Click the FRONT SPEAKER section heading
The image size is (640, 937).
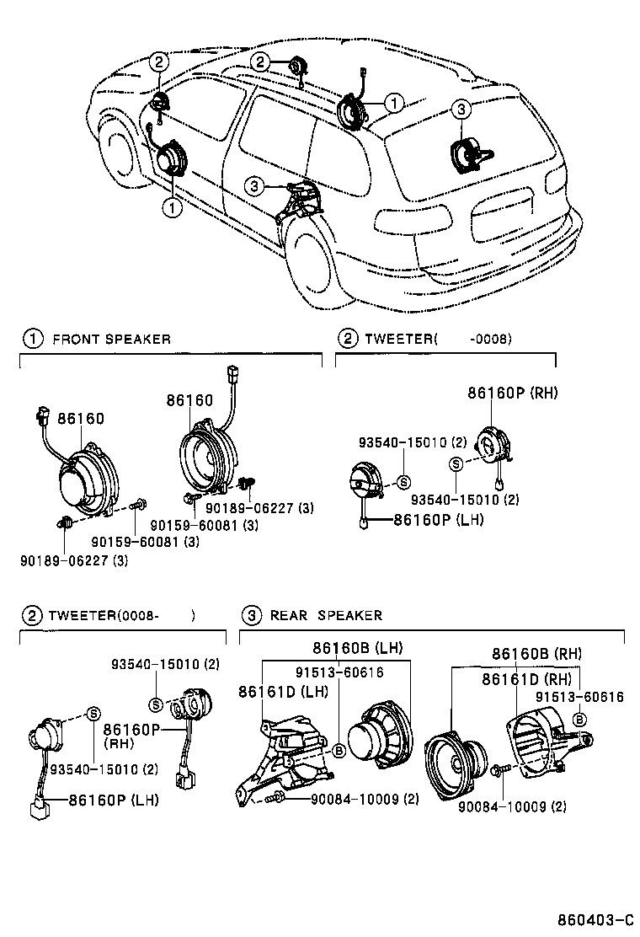point(111,340)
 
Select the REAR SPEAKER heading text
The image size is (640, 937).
point(326,616)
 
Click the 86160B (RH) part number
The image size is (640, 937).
point(536,654)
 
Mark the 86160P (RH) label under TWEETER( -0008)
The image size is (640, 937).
point(513,393)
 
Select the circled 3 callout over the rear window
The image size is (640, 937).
point(460,109)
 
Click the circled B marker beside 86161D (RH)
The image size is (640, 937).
point(579,719)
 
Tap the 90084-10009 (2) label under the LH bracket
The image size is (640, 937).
point(365,799)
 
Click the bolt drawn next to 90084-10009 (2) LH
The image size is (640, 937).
point(275,797)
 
